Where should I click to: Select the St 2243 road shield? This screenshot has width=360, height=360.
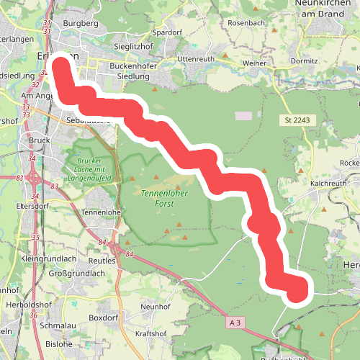coord(296,120)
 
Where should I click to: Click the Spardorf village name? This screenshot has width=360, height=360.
coord(167,32)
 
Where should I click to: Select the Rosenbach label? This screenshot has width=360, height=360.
coord(246,23)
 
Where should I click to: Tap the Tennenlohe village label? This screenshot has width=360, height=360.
coord(102,213)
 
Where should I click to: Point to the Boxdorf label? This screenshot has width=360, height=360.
coord(102,317)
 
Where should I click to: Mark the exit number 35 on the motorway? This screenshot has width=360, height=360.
coord(35,237)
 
